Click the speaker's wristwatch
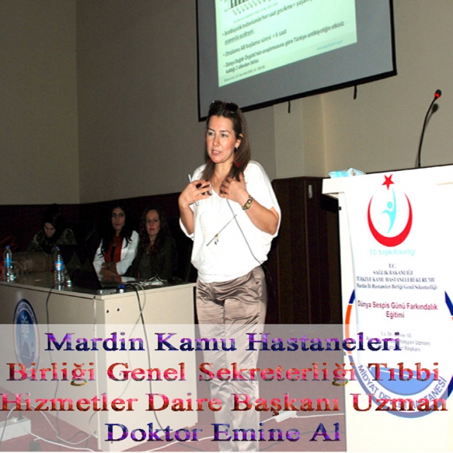point(248,203)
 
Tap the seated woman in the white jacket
point(116,245)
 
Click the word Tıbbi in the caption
point(413,371)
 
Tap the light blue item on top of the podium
point(346,173)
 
